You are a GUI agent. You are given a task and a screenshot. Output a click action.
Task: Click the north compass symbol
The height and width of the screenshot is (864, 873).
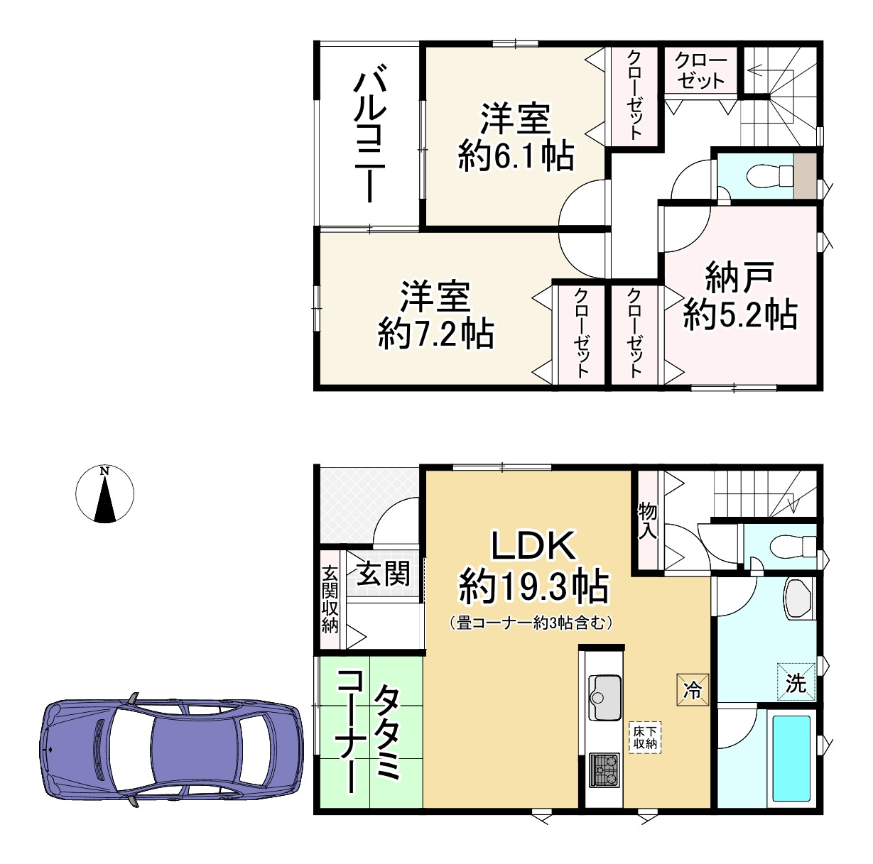(x=105, y=493)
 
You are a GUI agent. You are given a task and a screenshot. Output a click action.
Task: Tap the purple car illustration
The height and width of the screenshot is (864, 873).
(x=167, y=750)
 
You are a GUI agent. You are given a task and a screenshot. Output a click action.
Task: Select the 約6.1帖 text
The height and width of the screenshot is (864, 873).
(x=516, y=155)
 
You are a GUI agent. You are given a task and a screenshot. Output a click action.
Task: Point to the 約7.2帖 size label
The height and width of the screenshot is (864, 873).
(x=435, y=333)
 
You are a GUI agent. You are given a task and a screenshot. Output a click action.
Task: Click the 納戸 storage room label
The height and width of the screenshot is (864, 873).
(x=739, y=277)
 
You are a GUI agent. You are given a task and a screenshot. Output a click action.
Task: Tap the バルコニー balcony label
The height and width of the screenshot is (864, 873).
(x=370, y=134)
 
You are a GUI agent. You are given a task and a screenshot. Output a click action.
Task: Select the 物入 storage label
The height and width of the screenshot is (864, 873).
(x=647, y=520)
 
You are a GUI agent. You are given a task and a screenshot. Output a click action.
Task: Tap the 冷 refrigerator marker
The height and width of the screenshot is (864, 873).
(x=693, y=689)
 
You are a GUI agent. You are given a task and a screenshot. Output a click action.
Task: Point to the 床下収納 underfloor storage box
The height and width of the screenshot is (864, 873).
(x=646, y=736)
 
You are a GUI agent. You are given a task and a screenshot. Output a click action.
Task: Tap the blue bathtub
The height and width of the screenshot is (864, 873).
(x=791, y=758)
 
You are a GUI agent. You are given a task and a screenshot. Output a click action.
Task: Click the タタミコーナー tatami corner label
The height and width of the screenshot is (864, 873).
(x=369, y=731)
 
